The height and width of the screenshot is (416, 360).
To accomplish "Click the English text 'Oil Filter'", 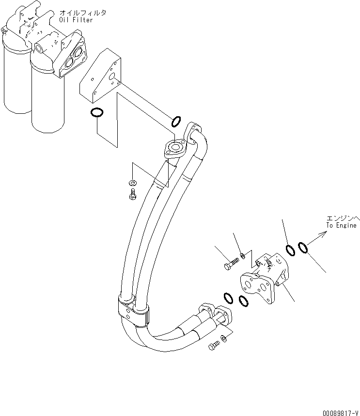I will point(76,20).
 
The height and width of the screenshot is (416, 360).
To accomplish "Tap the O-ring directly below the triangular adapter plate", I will point(97,113).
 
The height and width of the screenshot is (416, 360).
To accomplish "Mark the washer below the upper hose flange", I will point(132,183).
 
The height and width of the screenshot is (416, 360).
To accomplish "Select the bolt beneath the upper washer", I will point(132,194).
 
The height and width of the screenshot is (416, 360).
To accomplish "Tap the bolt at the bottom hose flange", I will point(213,346).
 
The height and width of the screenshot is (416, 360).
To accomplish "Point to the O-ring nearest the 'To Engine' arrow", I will point(303,247).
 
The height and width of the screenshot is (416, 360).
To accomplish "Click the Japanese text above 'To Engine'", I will point(341,218).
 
